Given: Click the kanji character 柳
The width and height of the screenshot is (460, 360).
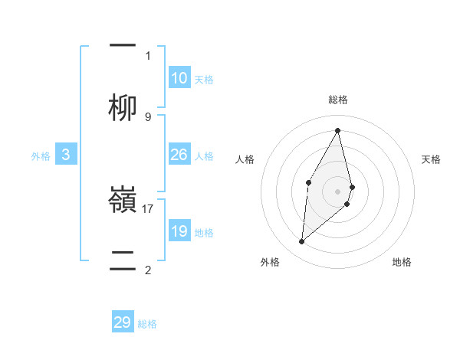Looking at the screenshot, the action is (x=123, y=107).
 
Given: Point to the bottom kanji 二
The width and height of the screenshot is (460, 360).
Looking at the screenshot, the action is (x=123, y=259).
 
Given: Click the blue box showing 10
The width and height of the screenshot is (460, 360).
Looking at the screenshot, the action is (x=179, y=78).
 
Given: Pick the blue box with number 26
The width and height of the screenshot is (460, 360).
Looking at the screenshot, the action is (x=179, y=155).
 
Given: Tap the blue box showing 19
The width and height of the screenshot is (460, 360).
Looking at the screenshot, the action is (x=179, y=231).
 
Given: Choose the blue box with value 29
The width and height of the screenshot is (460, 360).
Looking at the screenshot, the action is (x=123, y=322).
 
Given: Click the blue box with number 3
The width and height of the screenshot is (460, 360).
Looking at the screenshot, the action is (x=66, y=155).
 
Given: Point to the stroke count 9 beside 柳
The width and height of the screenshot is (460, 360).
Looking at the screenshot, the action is (x=147, y=116).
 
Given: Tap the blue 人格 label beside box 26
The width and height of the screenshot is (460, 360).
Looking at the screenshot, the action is (x=204, y=156).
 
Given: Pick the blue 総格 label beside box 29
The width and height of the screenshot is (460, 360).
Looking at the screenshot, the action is (x=147, y=324).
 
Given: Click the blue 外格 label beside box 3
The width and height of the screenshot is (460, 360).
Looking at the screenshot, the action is (x=41, y=156).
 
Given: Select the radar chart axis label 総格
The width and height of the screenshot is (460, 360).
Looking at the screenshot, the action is (x=337, y=100).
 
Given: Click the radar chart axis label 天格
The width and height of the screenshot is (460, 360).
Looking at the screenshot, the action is (x=432, y=159).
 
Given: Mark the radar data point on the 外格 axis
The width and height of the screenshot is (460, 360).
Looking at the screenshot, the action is (x=302, y=242).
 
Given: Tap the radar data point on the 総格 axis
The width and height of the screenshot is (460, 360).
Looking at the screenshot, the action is (x=337, y=130).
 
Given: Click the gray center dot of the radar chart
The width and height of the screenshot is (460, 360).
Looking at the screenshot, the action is (x=337, y=191).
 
